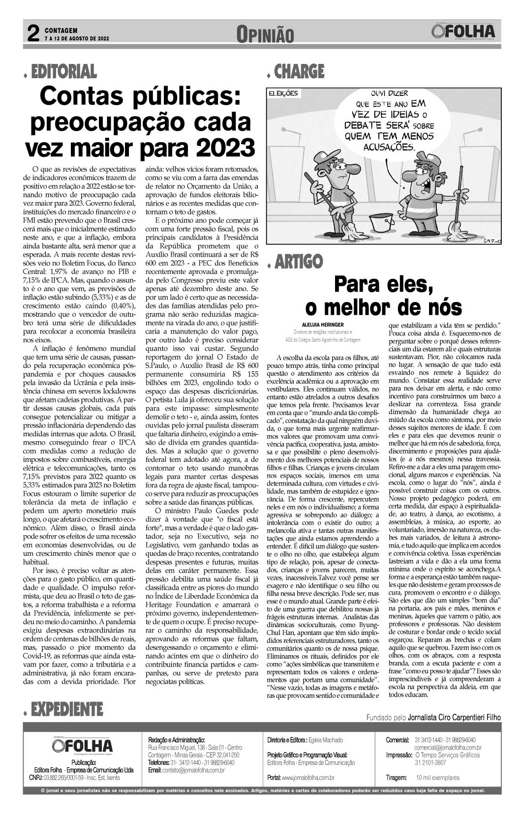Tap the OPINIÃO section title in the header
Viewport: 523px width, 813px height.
265,35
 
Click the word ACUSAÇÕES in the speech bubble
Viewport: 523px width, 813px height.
388,147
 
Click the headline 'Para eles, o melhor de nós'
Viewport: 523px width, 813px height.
383,296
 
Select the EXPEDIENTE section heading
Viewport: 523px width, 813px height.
66,709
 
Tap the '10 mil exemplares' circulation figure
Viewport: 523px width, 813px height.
437,778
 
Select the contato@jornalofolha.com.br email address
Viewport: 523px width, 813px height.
193,770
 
